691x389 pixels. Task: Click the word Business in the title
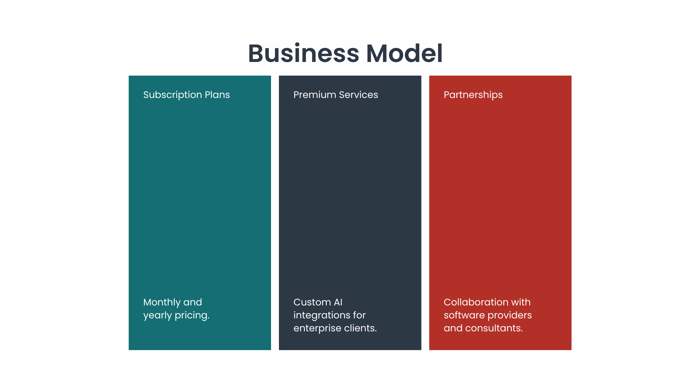pyautogui.click(x=304, y=53)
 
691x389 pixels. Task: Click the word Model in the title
pyautogui.click(x=404, y=53)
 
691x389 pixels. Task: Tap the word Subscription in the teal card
pyautogui.click(x=172, y=95)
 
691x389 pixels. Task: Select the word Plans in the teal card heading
pyautogui.click(x=217, y=95)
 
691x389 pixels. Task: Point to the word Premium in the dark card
pyautogui.click(x=315, y=95)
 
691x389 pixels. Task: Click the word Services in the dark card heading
pyautogui.click(x=358, y=95)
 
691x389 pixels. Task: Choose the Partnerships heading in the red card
pyautogui.click(x=473, y=95)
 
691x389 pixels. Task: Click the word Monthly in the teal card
pyautogui.click(x=162, y=303)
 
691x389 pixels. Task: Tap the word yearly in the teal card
pyautogui.click(x=157, y=316)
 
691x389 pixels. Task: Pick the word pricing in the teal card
pyautogui.click(x=192, y=316)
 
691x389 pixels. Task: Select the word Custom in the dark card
pyautogui.click(x=312, y=302)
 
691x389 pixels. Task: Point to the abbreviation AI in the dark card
pyautogui.click(x=338, y=302)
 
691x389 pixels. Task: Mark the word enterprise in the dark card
pyautogui.click(x=317, y=328)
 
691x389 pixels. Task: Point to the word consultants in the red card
pyautogui.click(x=494, y=328)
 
